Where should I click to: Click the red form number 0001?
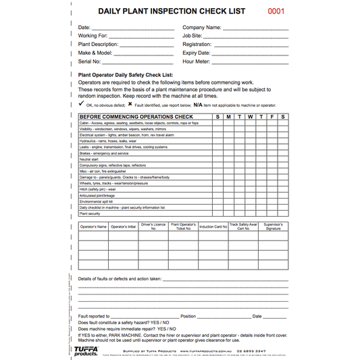277,11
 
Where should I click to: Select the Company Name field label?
201,28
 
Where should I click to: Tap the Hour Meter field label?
197,61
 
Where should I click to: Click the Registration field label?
198,44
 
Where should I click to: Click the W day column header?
251,117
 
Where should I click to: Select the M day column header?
229,117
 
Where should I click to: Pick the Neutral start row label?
89,159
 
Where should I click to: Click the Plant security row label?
89,213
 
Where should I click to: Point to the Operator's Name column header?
93,226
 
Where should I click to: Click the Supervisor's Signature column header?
273,227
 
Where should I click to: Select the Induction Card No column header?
213,226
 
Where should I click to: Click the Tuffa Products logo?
87,351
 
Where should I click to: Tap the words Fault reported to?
94,315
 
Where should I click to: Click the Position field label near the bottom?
188,315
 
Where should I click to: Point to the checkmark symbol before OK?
81,105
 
